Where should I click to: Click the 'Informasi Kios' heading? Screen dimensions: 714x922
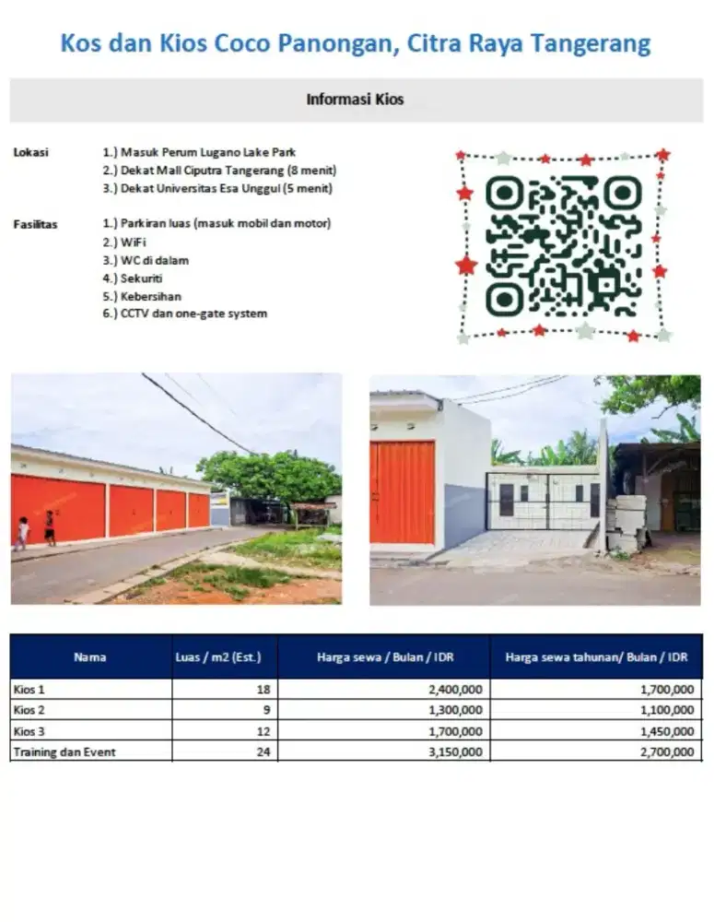355,100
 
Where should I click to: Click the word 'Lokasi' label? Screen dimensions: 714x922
30,152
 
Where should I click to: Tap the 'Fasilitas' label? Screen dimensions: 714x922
35,224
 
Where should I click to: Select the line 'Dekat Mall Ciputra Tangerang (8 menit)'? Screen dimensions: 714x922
219,171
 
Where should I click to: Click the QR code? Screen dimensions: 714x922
563,245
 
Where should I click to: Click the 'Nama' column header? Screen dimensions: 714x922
90,657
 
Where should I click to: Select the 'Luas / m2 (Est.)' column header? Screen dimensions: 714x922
218,657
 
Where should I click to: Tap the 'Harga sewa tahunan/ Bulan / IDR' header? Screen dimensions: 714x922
596,657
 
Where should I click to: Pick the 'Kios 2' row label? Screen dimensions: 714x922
29,710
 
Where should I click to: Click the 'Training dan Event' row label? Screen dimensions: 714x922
64,752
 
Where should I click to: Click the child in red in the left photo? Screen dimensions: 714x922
49,529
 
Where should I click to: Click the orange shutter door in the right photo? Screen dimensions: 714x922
403,492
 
